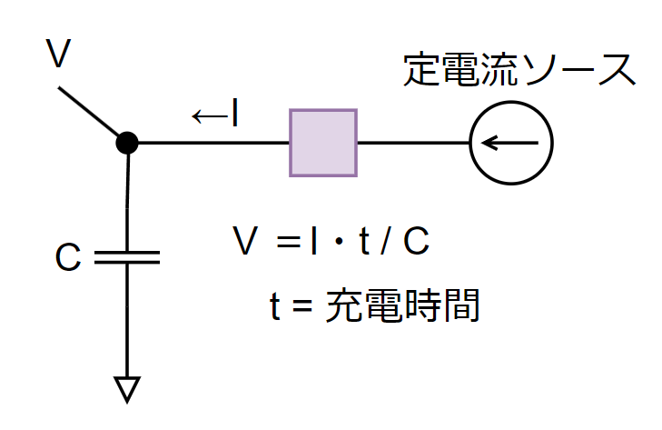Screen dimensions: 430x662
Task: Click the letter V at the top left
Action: pyautogui.click(x=59, y=55)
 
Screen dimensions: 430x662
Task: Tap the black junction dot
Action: pyautogui.click(x=128, y=143)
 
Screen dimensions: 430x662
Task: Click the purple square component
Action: pyautogui.click(x=322, y=142)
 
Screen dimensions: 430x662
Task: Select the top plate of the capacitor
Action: pyautogui.click(x=127, y=252)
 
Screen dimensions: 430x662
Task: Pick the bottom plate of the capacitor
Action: pyautogui.click(x=127, y=264)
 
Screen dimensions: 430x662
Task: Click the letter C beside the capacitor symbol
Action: pyautogui.click(x=68, y=258)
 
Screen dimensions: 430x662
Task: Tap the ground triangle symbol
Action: pyautogui.click(x=127, y=388)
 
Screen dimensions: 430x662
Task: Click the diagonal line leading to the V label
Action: pyautogui.click(x=91, y=114)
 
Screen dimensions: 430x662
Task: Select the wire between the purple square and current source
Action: pyautogui.click(x=413, y=143)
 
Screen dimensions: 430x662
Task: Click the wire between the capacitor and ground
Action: pyautogui.click(x=127, y=318)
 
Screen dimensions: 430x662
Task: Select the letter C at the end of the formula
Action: pyautogui.click(x=415, y=243)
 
